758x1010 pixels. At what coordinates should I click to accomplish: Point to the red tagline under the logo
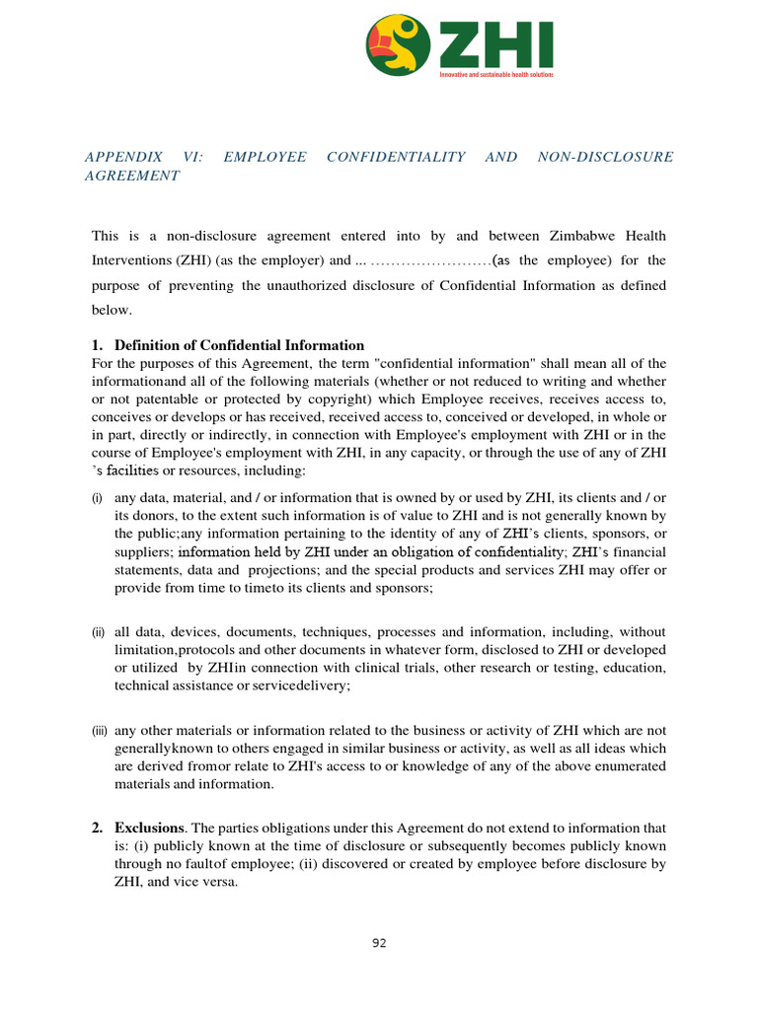(495, 75)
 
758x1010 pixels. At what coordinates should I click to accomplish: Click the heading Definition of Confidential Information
(239, 345)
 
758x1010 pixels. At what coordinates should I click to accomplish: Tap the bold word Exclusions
(149, 829)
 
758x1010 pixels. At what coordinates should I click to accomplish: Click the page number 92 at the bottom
(379, 943)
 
